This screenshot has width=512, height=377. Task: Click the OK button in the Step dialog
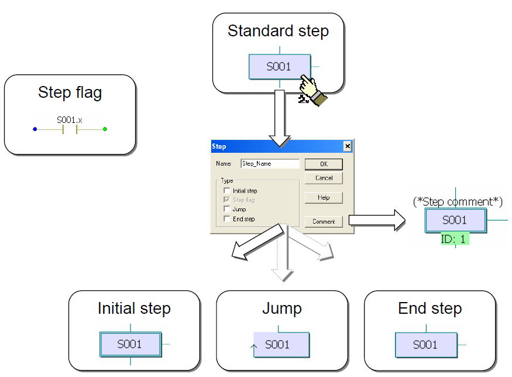point(324,164)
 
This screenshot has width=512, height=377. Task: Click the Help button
point(324,198)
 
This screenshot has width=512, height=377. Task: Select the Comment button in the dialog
point(324,221)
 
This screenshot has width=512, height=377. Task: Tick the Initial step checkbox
point(227,190)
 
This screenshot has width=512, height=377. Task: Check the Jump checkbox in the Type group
point(227,209)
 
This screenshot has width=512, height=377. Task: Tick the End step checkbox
point(227,218)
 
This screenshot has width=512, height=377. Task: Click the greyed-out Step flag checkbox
point(227,200)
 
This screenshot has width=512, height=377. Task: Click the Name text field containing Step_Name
point(270,163)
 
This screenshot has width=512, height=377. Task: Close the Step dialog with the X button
point(348,146)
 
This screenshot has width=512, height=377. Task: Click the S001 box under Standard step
point(280,67)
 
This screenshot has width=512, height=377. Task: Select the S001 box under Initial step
point(130,344)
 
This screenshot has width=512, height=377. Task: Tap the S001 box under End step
point(426,345)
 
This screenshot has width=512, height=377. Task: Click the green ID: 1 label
point(455,239)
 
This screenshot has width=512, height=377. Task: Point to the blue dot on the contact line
point(35,129)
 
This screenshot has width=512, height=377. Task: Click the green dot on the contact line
point(105,129)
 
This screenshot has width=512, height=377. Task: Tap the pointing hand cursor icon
point(312,90)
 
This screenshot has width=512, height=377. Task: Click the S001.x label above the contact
point(70,120)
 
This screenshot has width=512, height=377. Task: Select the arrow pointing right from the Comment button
point(377,221)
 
